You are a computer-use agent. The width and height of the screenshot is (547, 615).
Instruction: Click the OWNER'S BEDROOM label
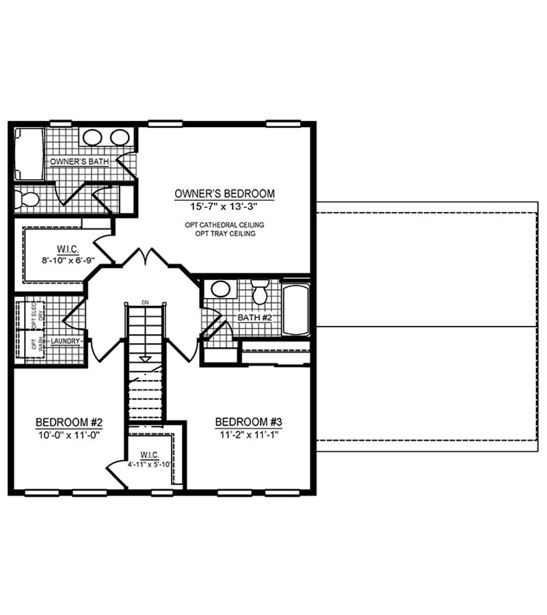coord(225,193)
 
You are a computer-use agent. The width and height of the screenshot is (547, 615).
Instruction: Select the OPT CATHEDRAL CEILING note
coord(225,225)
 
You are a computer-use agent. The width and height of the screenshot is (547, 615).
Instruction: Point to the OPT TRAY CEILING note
coord(225,234)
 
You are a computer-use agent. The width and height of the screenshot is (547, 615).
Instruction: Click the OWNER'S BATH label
coord(76,161)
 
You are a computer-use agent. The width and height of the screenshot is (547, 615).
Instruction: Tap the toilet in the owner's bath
coord(27,200)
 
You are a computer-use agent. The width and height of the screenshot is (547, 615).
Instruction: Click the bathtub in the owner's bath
coord(28,154)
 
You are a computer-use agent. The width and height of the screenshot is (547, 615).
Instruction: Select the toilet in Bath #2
coord(260,292)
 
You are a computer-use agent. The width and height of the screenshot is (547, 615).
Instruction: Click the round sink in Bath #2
coord(220,288)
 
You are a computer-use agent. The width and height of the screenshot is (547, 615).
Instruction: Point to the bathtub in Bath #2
coord(296,310)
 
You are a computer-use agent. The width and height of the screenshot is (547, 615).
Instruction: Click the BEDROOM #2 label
coord(69,422)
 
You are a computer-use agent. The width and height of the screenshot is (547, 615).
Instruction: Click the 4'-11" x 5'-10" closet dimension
coord(150,465)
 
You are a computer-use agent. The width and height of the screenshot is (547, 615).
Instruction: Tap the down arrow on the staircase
coord(144,357)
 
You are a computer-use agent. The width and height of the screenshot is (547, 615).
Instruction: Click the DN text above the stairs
coord(144,302)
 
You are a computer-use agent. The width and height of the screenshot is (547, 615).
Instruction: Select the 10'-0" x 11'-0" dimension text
coord(69,434)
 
